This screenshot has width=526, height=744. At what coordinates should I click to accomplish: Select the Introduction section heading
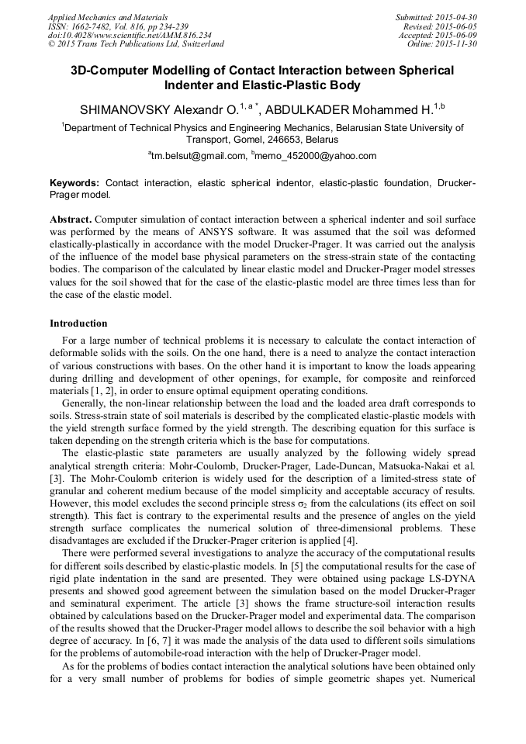point(78,323)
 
